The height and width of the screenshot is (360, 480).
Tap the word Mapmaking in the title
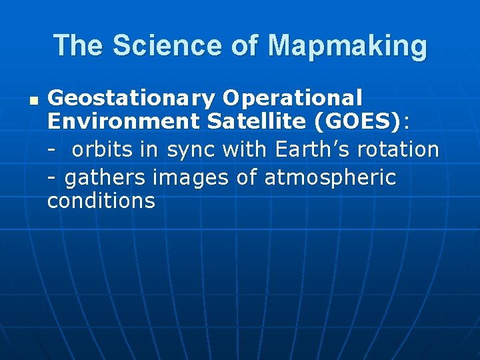coord(347,46)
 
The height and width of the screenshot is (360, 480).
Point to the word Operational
coord(293,99)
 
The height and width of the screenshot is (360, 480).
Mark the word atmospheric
coord(330,178)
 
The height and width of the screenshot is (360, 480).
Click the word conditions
coord(101,201)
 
